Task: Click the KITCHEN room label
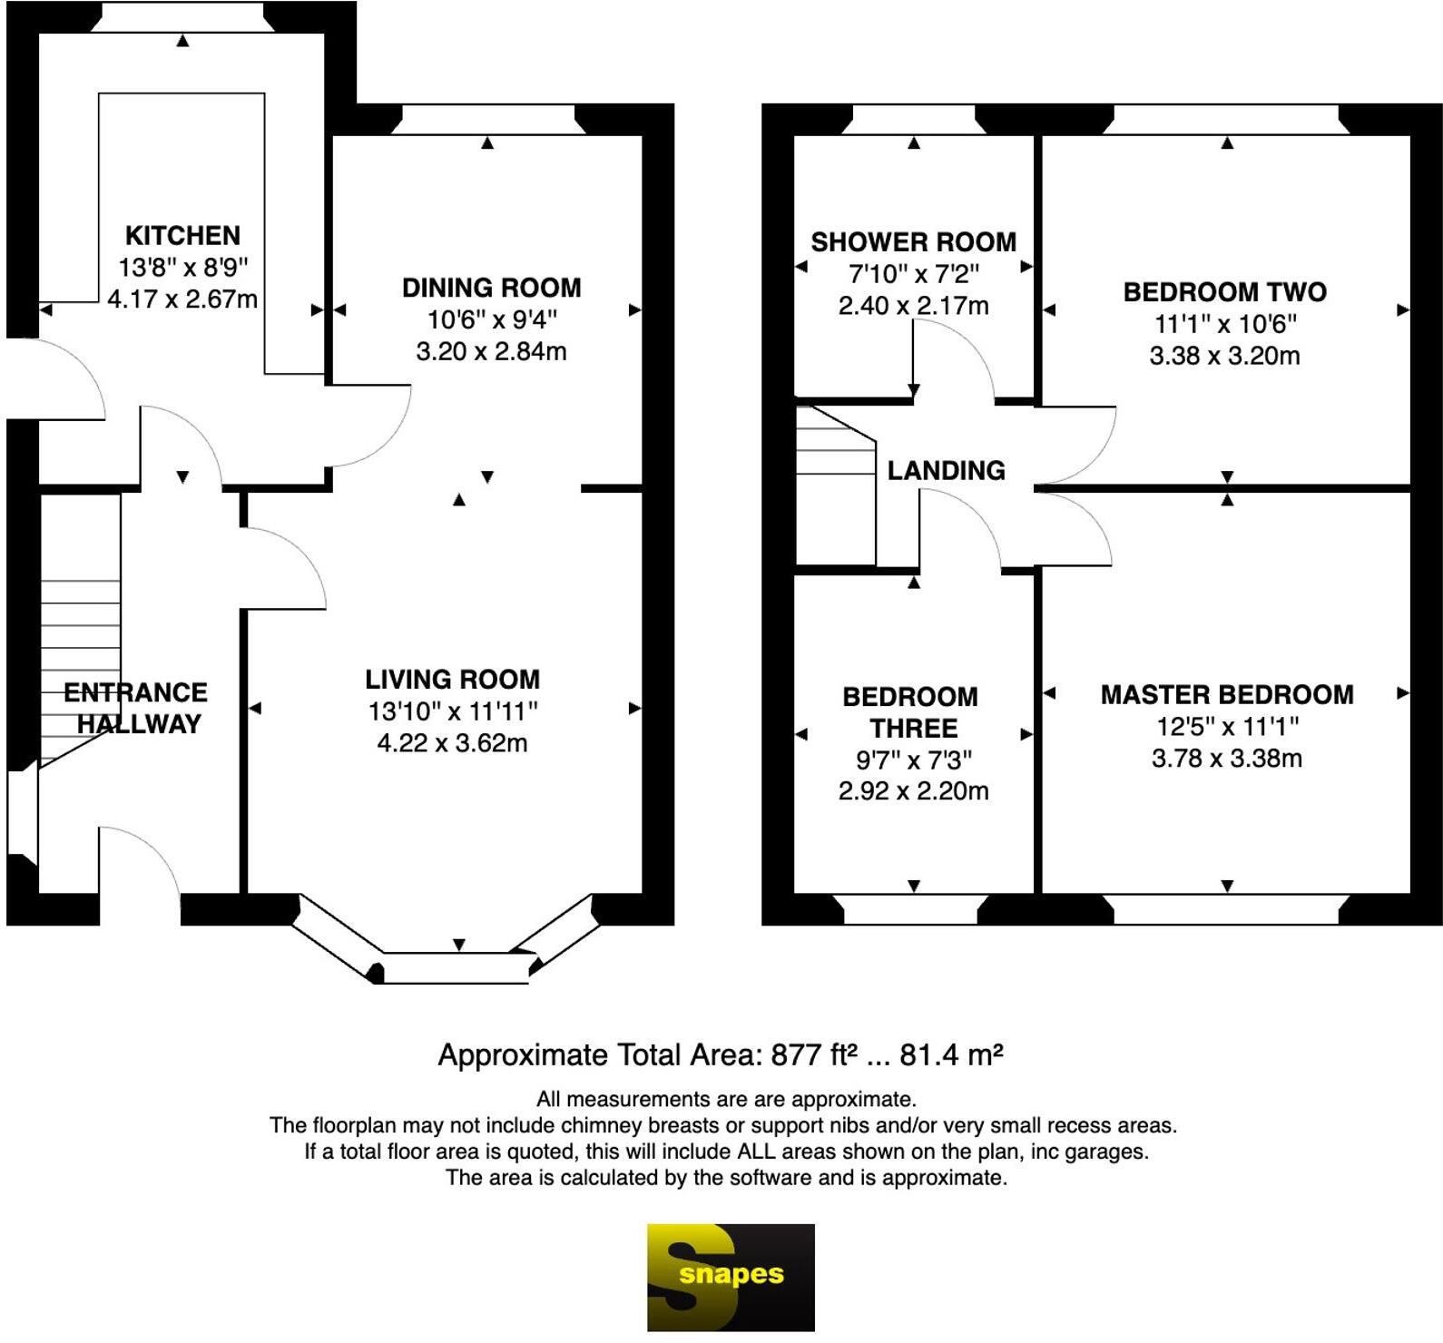coord(182,236)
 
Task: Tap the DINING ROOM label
coord(491,288)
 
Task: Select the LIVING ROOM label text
coord(452,680)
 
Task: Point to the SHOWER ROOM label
coord(913,242)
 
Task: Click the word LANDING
coord(946,470)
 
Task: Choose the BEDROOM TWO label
coord(1224,292)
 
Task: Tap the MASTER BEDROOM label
coord(1226,695)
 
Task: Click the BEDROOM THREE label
coord(911,712)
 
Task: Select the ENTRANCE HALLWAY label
coord(136,708)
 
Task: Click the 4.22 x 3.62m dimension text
coord(452,743)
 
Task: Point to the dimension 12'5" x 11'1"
coord(1226,727)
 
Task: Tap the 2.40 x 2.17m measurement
coord(913,306)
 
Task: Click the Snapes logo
coord(730,1277)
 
